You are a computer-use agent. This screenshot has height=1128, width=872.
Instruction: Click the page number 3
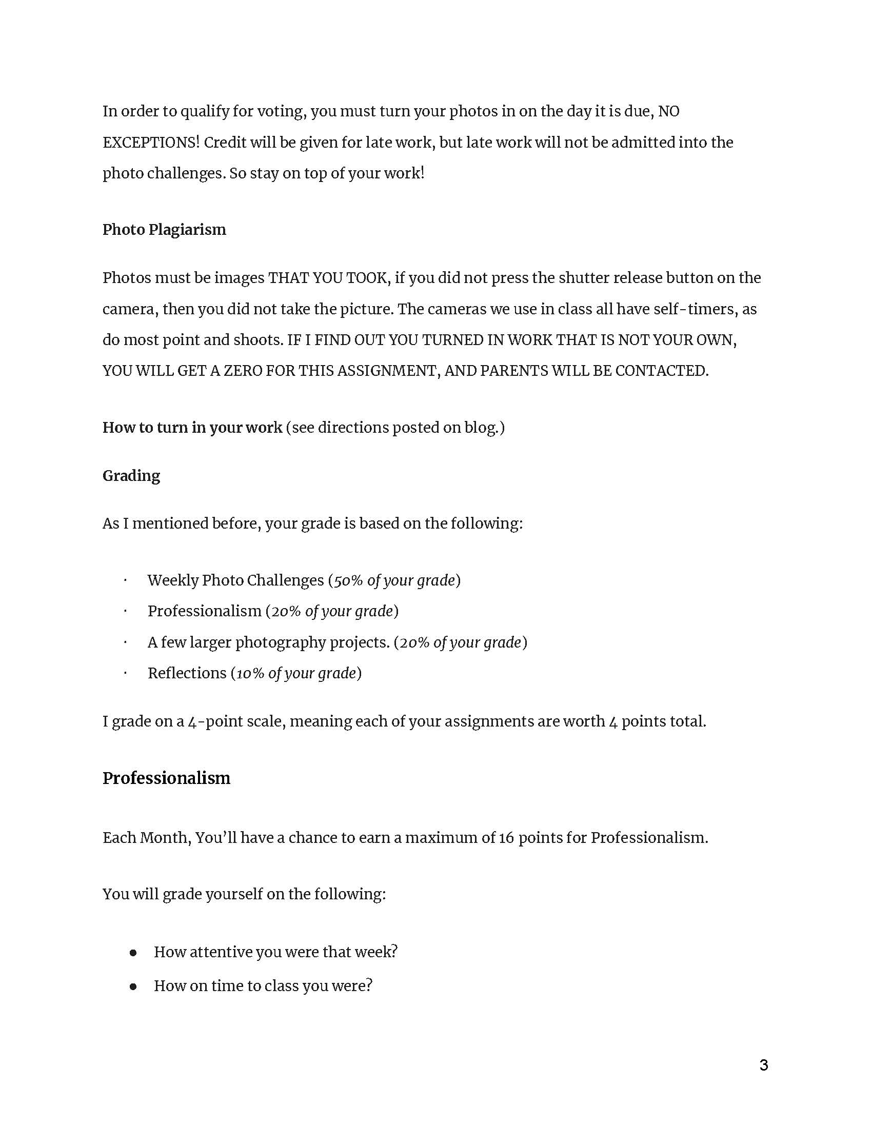[764, 1065]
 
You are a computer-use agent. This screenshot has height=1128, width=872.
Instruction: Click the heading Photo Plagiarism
[164, 229]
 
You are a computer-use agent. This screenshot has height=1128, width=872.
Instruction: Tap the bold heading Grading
[131, 475]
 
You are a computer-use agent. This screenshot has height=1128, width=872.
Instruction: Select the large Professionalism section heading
[166, 778]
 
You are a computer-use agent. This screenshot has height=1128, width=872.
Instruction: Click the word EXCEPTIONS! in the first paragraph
[151, 142]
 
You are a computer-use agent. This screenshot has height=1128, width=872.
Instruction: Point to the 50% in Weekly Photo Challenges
[348, 580]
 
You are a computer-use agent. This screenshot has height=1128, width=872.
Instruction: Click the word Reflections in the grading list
[187, 673]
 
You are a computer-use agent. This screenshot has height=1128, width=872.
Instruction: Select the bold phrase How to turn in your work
[192, 427]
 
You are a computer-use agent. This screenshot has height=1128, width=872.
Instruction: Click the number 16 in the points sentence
[506, 837]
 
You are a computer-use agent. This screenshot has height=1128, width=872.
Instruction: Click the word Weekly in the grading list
[173, 580]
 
